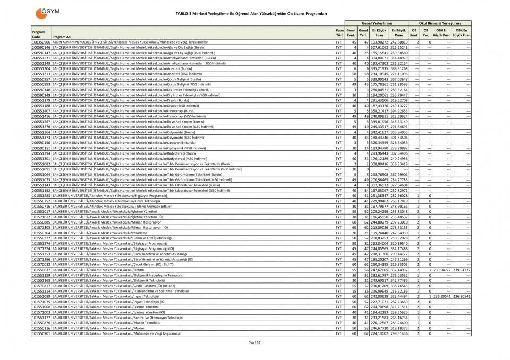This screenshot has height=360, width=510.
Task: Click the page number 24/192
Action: click(254, 342)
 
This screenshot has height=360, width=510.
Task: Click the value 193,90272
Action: click(379, 41)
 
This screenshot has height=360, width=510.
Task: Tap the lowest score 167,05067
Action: click(379, 190)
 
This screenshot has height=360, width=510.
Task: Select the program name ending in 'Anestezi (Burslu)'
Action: click(122, 68)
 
